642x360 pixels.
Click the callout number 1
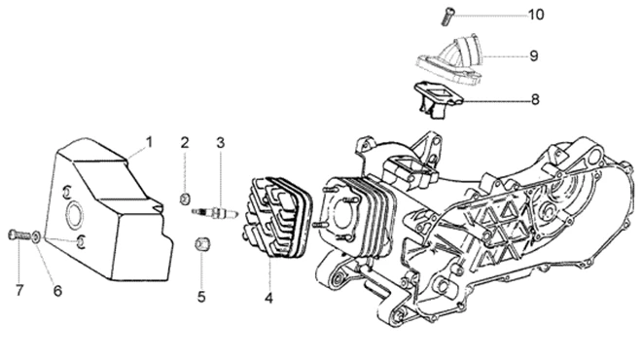pos(150,142)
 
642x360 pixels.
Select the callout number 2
pos(185,143)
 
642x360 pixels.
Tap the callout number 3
pos(221,143)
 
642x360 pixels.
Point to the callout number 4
pos(268,298)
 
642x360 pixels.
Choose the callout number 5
pos(201,297)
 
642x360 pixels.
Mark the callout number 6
pos(57,291)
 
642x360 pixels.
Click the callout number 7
pos(19,291)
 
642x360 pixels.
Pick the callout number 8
pos(535,99)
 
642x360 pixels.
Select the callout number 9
pos(533,55)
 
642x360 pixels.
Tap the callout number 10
pos(536,15)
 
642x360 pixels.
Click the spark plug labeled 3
pos(215,212)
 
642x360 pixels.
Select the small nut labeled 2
pos(185,198)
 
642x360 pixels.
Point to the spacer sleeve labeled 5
pos(201,243)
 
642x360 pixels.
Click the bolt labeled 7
pos(19,234)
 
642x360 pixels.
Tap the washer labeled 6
pos(36,236)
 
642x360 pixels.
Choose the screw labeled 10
pos(447,17)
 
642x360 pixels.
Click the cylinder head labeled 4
pos(276,217)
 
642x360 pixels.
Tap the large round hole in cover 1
pos(75,214)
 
